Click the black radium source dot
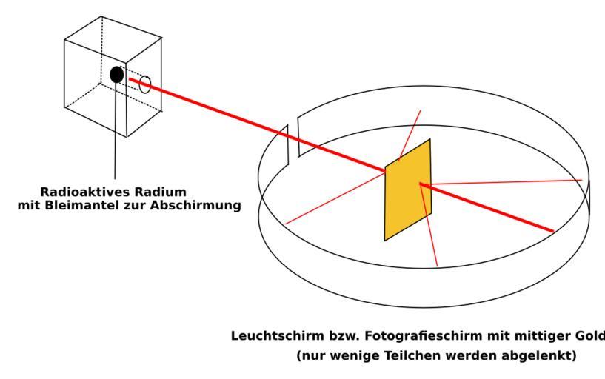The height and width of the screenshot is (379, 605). [116, 74]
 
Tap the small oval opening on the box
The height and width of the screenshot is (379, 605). [145, 84]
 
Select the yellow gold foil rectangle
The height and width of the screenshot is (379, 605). [407, 189]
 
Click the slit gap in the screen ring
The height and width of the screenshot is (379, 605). [293, 137]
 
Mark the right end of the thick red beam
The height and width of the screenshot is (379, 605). [552, 231]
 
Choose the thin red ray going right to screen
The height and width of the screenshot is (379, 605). [504, 181]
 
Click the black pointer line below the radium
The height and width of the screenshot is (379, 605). [116, 133]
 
